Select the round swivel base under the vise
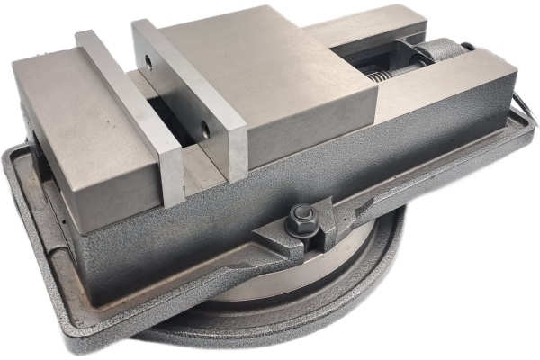360,288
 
